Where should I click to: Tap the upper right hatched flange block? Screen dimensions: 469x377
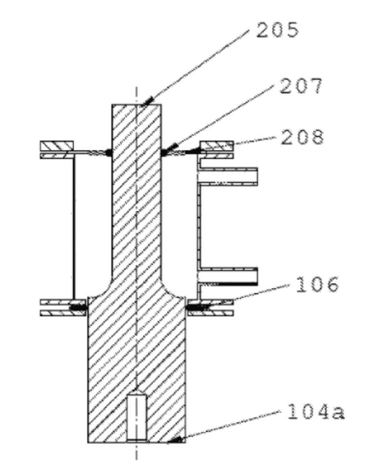pyautogui.click(x=216, y=145)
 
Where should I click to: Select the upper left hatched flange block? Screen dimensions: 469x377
pyautogui.click(x=57, y=145)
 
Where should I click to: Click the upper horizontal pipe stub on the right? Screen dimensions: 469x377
pyautogui.click(x=229, y=176)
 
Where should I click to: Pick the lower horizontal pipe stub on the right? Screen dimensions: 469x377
pyautogui.click(x=229, y=276)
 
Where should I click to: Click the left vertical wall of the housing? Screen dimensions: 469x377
pyautogui.click(x=74, y=227)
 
